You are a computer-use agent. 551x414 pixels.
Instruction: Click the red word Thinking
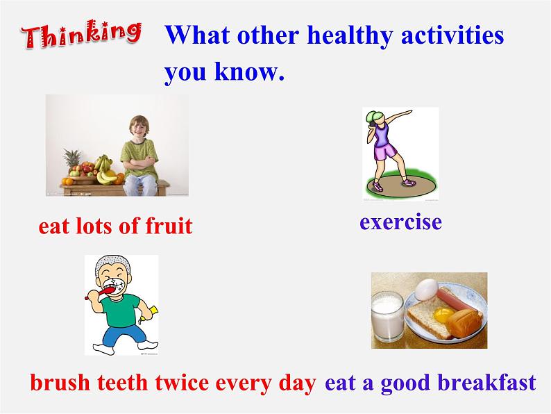pyautogui.click(x=81, y=34)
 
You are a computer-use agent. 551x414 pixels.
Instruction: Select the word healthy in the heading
pyautogui.click(x=350, y=36)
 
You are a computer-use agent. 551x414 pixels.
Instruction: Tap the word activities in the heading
pyautogui.click(x=452, y=35)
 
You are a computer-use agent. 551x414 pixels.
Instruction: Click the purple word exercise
pyautogui.click(x=400, y=222)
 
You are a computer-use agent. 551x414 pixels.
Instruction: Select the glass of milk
pyautogui.click(x=387, y=316)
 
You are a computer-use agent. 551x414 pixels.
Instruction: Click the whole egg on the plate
pyautogui.click(x=427, y=289)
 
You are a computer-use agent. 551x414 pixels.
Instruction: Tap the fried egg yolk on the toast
pyautogui.click(x=443, y=315)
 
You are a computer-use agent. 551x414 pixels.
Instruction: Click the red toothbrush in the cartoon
pyautogui.click(x=101, y=292)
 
